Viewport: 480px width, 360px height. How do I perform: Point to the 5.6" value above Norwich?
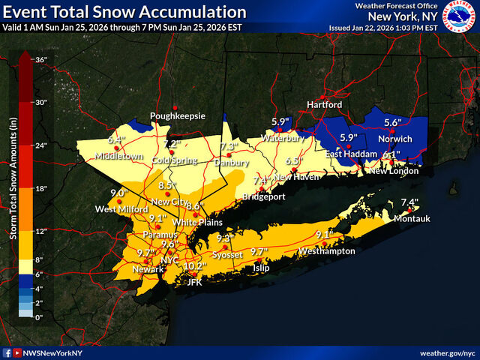click(x=393, y=122)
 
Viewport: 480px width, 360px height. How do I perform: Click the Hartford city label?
click(x=324, y=105)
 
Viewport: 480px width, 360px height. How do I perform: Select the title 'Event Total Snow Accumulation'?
click(x=124, y=13)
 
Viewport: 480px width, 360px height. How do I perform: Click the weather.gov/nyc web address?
click(x=447, y=352)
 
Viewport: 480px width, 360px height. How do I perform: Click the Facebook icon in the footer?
click(x=7, y=352)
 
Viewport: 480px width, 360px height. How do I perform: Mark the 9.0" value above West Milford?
click(x=118, y=193)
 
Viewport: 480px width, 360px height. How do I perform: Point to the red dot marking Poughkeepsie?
click(x=175, y=107)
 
